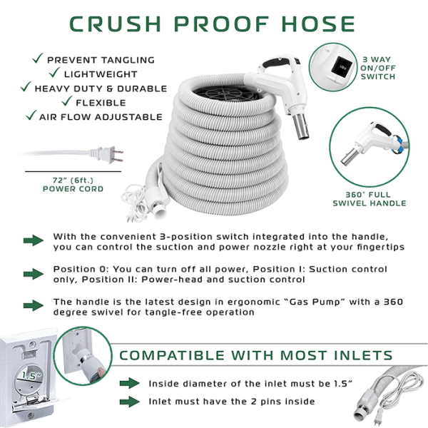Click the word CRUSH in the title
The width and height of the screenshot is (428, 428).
115,24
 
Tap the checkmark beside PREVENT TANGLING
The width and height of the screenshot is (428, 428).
38,58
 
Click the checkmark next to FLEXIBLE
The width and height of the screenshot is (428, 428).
67,101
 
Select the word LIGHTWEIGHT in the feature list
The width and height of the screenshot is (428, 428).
101,74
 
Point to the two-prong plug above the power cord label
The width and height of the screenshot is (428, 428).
108,155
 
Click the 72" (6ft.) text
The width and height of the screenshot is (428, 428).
73,180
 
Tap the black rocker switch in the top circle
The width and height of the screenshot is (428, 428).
340,67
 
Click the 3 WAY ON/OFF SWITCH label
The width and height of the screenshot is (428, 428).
378,68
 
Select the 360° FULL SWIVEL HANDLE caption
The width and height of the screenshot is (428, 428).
370,199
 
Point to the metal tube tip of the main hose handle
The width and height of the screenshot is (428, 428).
300,126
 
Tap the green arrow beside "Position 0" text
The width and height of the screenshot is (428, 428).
34,274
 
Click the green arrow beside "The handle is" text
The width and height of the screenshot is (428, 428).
34,305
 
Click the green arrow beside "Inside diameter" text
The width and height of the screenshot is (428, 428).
130,383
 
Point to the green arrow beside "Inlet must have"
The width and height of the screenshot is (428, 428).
130,402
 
